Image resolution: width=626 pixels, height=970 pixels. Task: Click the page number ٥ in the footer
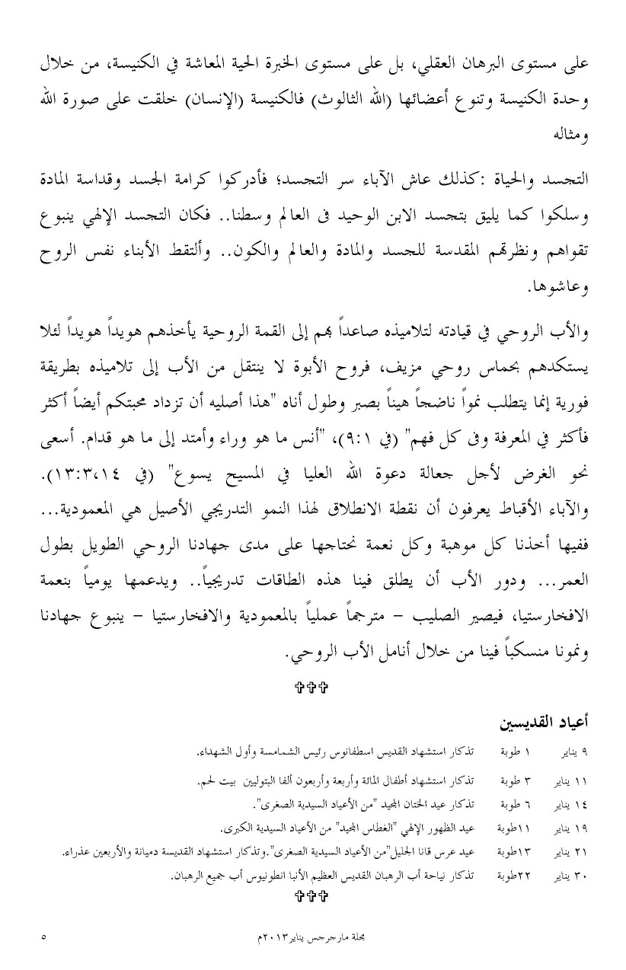[43, 936]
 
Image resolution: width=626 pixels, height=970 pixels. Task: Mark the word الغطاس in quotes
[366, 828]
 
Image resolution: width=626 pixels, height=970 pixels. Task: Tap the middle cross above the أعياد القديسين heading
[312, 688]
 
